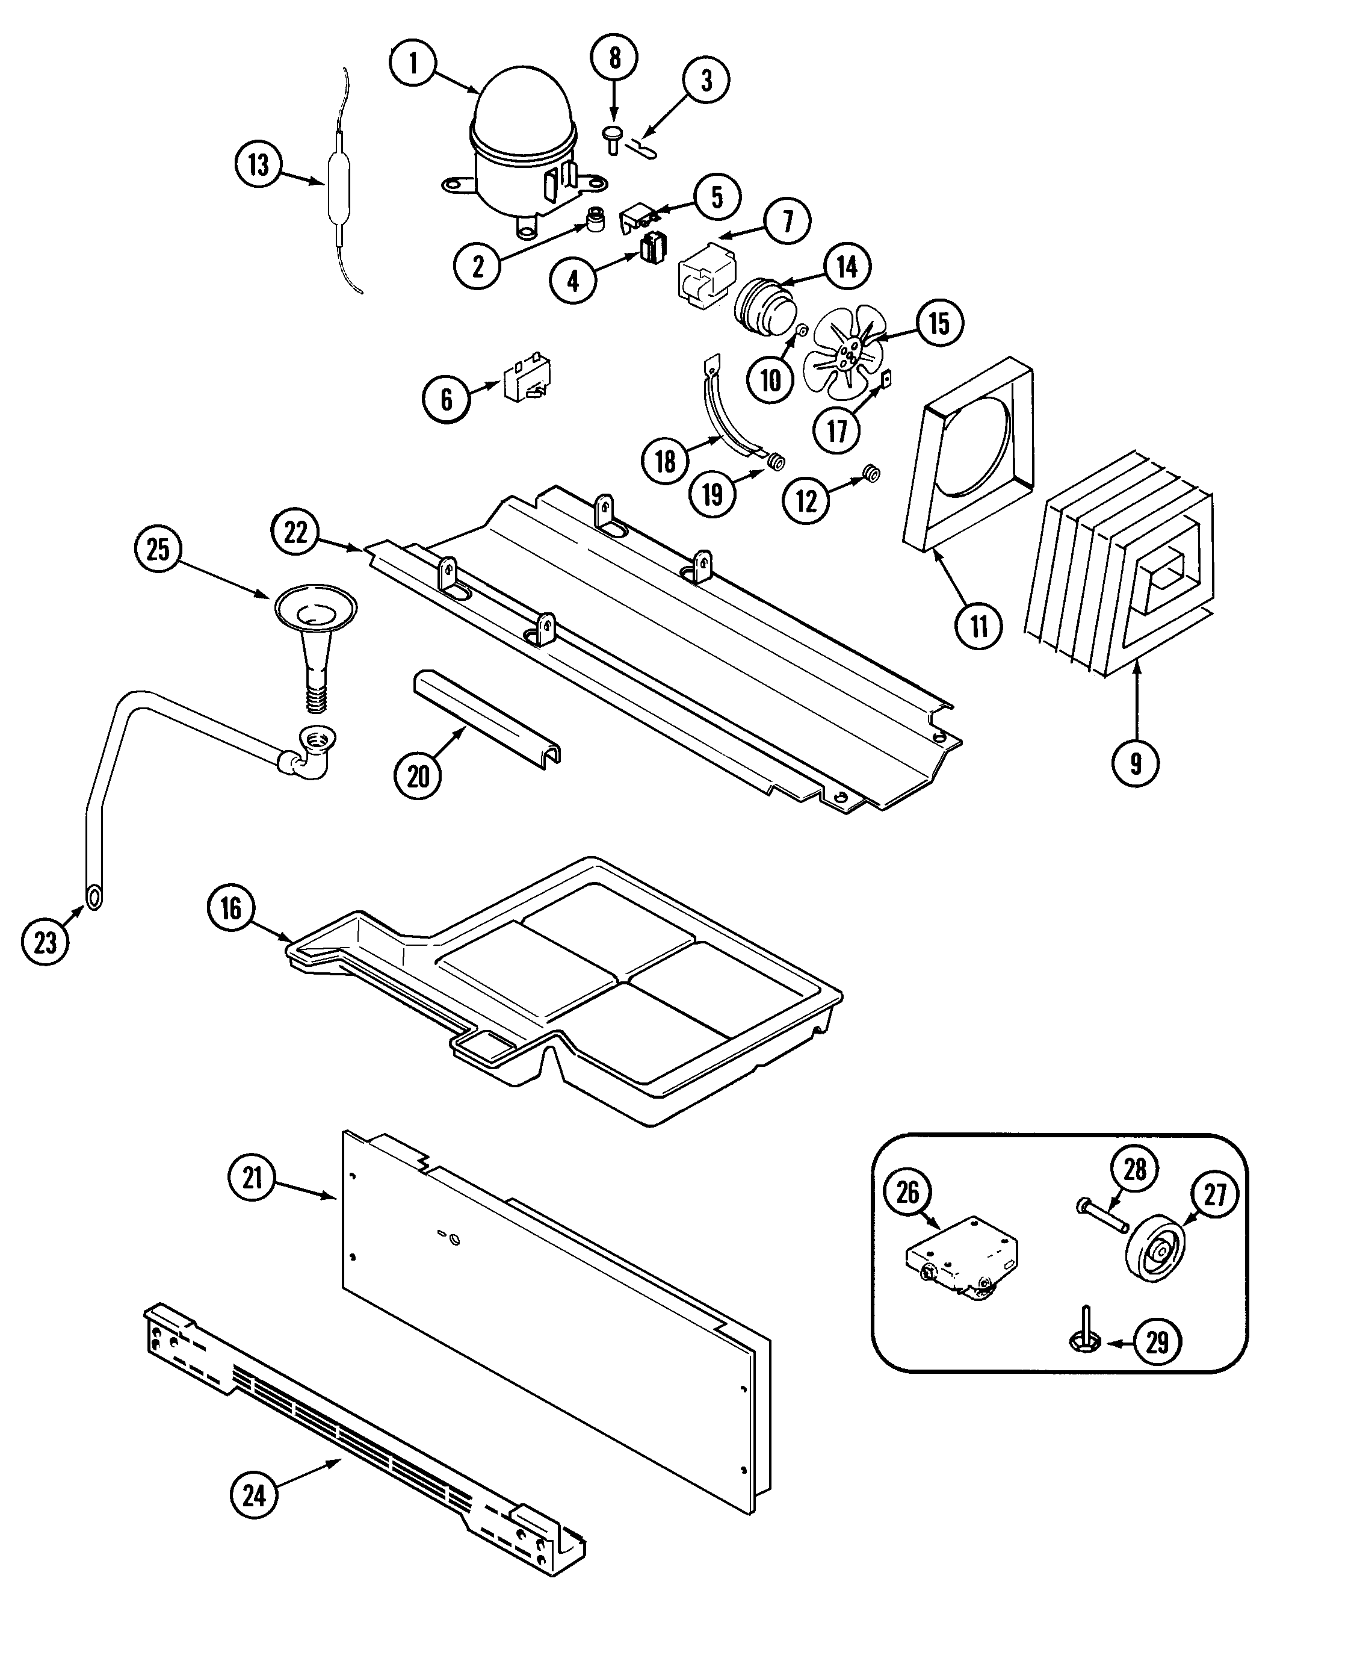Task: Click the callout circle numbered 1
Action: pos(413,63)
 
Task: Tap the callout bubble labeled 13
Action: pos(258,166)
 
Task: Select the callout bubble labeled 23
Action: pos(45,942)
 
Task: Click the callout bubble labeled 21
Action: pos(252,1177)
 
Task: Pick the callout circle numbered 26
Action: pos(908,1192)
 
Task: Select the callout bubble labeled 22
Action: pos(295,532)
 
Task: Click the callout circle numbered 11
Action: pos(979,626)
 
